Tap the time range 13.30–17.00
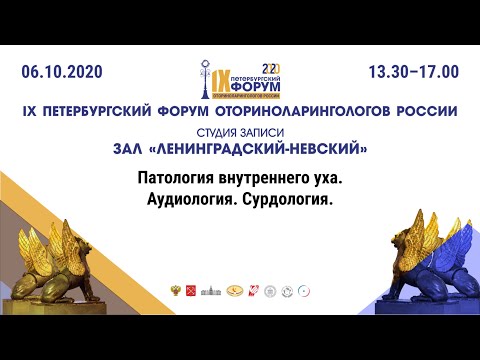click(x=413, y=72)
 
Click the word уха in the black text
click(x=326, y=181)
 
